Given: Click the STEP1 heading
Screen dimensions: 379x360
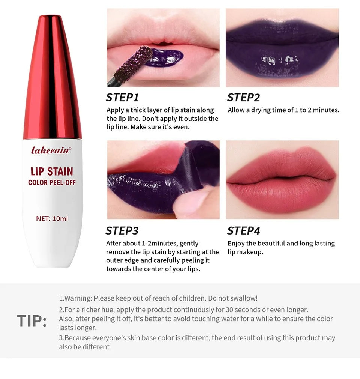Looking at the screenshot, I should click(122, 98).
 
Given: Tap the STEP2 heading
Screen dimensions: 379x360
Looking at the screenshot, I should click(243, 98).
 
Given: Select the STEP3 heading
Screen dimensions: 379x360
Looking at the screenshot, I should click(122, 230).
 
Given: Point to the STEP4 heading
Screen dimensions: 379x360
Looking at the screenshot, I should click(243, 230).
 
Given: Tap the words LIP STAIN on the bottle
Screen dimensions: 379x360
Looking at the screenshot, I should click(52, 172).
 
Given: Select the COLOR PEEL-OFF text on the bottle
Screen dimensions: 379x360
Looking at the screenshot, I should click(52, 183).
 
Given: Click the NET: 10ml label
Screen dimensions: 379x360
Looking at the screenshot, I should click(52, 218).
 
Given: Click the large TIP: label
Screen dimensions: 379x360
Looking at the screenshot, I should click(32, 322).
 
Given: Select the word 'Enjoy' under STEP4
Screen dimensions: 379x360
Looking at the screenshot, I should click(236, 243).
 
